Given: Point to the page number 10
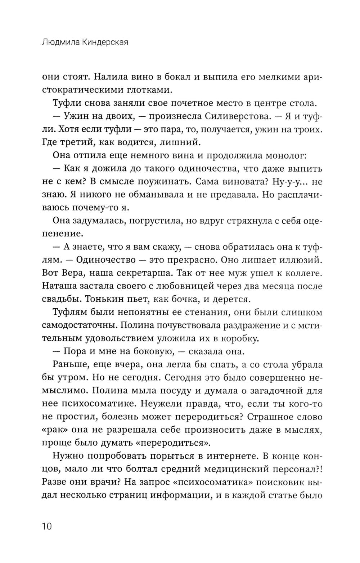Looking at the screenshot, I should tap(47, 526).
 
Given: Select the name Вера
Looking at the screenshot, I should tap(74, 273).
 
